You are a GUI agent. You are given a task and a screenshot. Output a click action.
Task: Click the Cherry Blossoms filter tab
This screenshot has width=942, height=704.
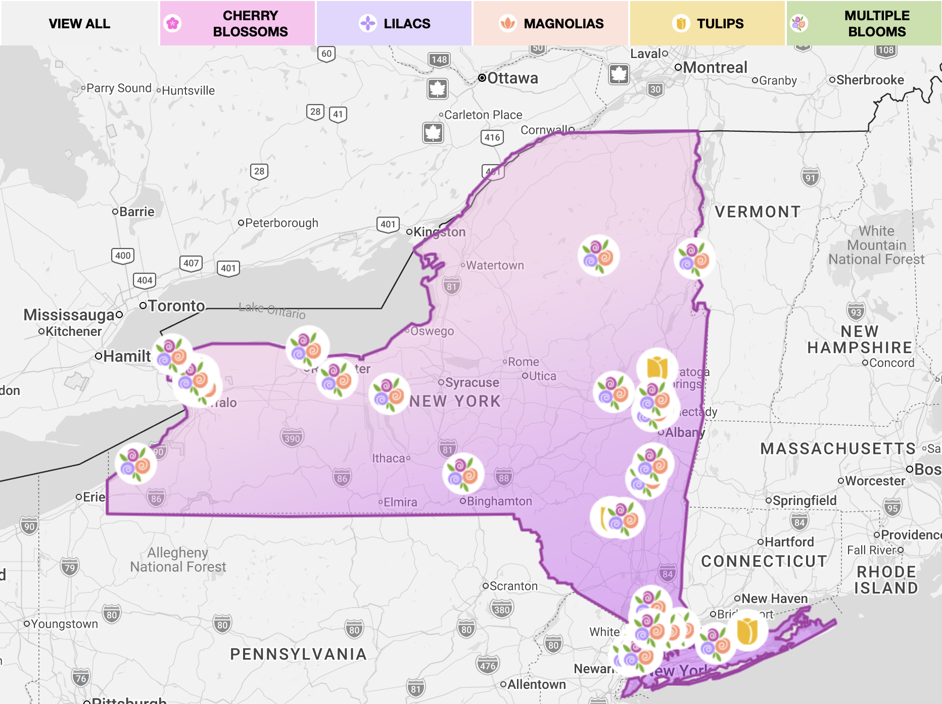(x=238, y=23)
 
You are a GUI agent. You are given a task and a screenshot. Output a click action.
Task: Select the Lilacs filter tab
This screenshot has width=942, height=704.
(x=394, y=23)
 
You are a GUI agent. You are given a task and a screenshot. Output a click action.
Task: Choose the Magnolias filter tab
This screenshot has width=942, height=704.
(x=551, y=23)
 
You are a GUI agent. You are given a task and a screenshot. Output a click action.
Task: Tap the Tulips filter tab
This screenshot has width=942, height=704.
(x=708, y=23)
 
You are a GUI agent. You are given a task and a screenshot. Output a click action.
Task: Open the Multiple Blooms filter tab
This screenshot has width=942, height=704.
(x=864, y=23)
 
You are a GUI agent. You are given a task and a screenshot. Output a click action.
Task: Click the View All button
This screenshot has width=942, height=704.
(x=79, y=23)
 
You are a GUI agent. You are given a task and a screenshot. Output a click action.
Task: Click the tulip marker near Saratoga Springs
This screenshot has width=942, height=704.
(x=657, y=367)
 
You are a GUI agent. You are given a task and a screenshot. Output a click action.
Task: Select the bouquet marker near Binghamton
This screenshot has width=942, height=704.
(x=463, y=474)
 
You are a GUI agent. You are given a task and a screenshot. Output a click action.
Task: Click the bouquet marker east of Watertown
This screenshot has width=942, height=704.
(x=598, y=256)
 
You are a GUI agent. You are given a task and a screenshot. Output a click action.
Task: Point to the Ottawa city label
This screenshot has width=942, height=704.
(x=512, y=78)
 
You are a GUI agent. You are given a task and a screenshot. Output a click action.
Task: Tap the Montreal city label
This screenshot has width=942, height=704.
(x=715, y=67)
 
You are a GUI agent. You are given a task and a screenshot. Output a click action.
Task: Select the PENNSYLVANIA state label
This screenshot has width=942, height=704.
(x=298, y=654)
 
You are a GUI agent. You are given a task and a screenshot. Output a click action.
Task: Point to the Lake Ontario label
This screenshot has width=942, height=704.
(x=272, y=311)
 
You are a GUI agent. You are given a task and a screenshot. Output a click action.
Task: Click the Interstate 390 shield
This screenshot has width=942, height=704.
(x=292, y=438)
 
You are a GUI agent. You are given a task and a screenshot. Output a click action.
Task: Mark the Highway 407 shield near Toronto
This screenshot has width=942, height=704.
(x=191, y=263)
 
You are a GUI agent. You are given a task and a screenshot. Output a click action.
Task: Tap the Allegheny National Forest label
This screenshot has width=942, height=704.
(x=178, y=560)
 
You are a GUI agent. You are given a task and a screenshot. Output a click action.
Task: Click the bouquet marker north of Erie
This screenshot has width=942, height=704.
(x=135, y=463)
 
